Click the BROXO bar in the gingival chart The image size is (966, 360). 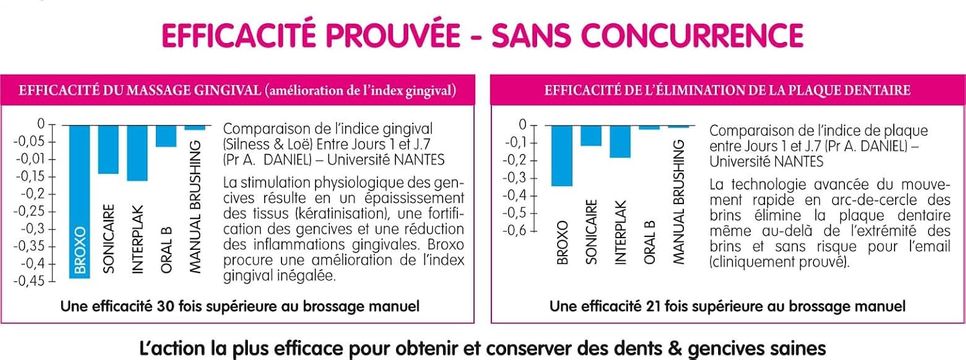tap(80, 202)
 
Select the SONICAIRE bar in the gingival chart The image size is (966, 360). tap(108, 149)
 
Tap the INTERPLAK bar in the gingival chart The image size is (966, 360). tap(137, 153)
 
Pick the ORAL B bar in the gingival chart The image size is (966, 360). tap(166, 137)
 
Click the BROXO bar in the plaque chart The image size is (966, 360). tap(562, 156)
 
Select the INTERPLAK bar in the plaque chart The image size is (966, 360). tap(620, 142)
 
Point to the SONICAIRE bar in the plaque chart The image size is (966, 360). tap(591, 136)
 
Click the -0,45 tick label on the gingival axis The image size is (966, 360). tap(29, 281)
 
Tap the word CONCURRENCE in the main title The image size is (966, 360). tap(699, 35)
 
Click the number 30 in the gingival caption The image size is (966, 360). tap(165, 306)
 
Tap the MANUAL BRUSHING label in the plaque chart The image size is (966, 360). tap(678, 202)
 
